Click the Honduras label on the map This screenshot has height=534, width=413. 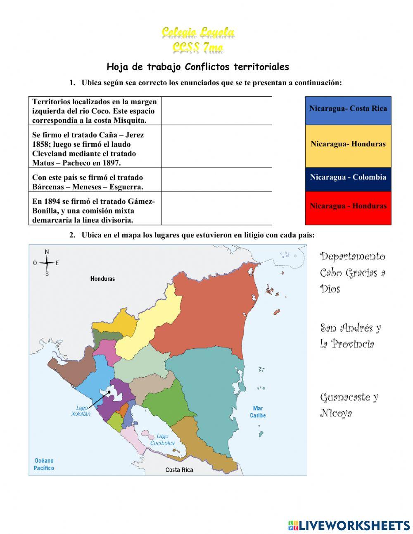pyautogui.click(x=102, y=279)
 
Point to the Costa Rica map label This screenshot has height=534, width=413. pyautogui.click(x=179, y=469)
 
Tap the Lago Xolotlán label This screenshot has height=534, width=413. pyautogui.click(x=81, y=411)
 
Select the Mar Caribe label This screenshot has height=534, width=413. pyautogui.click(x=258, y=412)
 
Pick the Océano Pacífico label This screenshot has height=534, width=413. pyautogui.click(x=44, y=464)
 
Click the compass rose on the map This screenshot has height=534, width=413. pyautogui.click(x=47, y=263)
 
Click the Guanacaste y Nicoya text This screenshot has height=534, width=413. pyautogui.click(x=349, y=405)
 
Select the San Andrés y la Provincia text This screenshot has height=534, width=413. pyautogui.click(x=350, y=335)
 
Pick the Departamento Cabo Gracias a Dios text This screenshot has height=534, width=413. pyautogui.click(x=352, y=272)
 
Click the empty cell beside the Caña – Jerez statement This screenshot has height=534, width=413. pyautogui.click(x=216, y=146)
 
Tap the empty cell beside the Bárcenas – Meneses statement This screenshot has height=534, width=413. pyautogui.click(x=216, y=179)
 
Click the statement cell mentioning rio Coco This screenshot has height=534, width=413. pyautogui.click(x=95, y=111)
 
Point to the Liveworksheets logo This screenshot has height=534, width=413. pyautogui.click(x=349, y=525)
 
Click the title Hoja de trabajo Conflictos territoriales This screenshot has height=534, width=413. pyautogui.click(x=198, y=67)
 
